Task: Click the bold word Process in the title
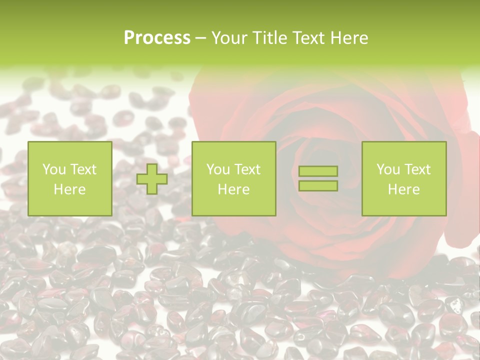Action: point(157,38)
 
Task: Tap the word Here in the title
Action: point(348,38)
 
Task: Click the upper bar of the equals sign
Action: point(318,171)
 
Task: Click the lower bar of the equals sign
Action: point(318,186)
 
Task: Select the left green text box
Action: point(70,178)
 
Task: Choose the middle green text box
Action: point(234,178)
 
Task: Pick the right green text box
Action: point(404,178)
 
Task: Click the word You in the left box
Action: point(54,169)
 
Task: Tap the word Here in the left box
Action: point(70,189)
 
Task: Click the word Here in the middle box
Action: point(234,189)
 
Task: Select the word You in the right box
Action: point(388,169)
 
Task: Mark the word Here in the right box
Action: point(404,189)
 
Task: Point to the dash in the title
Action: point(200,38)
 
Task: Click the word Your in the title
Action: point(228,38)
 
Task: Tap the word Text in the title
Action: point(307,38)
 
